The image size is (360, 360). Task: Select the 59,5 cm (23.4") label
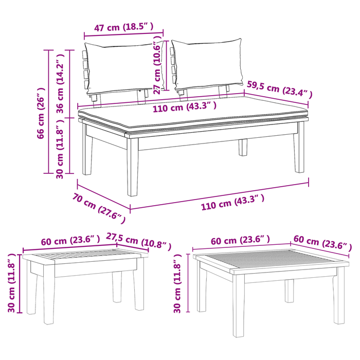tap(279, 88)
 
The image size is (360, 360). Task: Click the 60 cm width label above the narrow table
tap(70, 241)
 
